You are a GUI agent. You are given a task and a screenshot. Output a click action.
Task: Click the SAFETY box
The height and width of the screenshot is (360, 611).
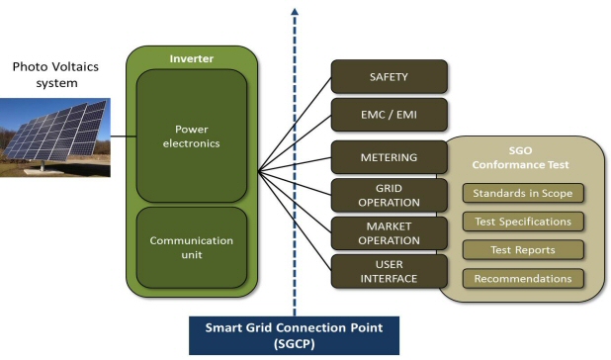coord(389,76)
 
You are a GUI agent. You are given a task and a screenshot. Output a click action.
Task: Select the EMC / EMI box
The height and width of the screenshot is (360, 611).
coord(389,115)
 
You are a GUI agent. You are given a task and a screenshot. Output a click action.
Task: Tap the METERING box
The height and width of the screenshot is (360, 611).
coord(389,156)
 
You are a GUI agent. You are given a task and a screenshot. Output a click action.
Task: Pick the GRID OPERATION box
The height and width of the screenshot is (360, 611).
coord(389,194)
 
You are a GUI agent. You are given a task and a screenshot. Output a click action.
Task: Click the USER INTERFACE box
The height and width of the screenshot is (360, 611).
coord(389,270)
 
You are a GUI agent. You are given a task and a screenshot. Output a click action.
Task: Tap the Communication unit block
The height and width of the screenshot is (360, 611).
coord(192,247)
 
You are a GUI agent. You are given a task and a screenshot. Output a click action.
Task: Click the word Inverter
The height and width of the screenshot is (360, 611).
coord(192,58)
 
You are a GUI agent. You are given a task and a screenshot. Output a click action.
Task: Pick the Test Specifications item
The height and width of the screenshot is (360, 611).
coord(522,222)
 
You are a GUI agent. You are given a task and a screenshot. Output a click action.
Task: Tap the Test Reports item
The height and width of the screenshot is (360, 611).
coord(522,250)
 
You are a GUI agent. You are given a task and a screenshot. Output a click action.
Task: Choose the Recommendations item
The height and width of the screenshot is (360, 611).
coord(522,279)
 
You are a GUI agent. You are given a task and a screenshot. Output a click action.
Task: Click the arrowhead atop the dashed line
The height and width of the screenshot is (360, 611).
coord(294,13)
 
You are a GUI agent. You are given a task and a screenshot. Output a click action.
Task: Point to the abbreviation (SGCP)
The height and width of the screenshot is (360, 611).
coord(294,344)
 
